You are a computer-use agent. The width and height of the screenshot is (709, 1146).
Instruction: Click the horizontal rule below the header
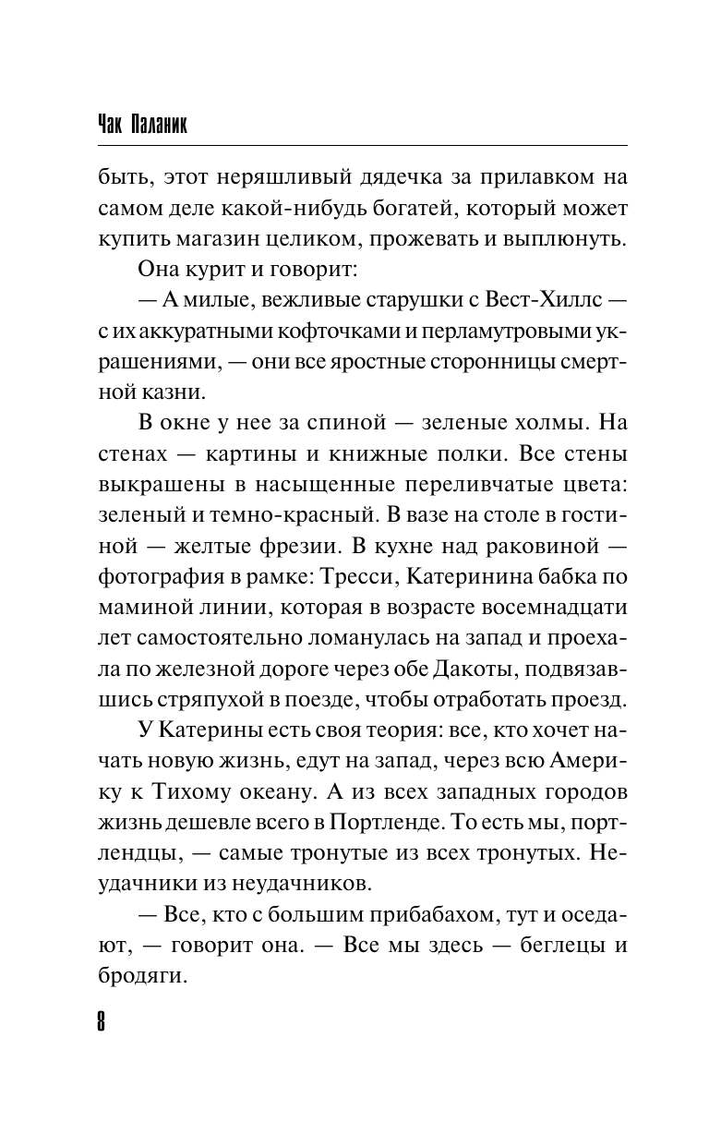[361, 144]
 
